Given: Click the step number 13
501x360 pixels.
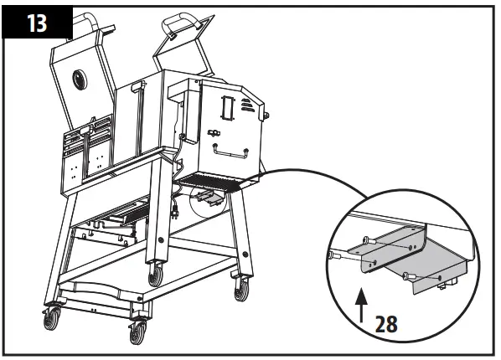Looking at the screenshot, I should (x=38, y=23).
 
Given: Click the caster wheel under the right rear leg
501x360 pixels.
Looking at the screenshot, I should (x=241, y=289).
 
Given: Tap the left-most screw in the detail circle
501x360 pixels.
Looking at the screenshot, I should (x=335, y=255).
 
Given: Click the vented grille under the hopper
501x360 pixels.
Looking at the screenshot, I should (x=218, y=178).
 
